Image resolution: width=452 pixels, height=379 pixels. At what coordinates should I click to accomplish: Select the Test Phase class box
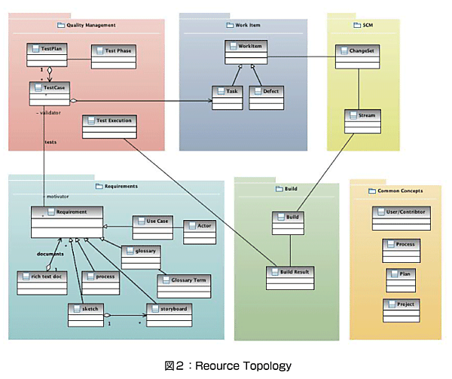(x=112, y=57)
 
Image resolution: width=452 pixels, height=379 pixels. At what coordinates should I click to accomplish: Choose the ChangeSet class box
(x=356, y=57)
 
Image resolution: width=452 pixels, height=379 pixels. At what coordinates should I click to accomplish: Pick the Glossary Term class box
(x=184, y=285)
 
